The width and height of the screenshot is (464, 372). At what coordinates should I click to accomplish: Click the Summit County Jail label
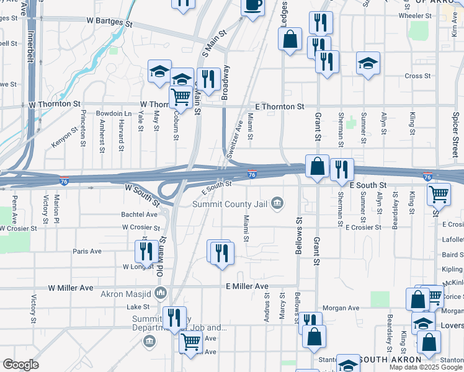coord(231,204)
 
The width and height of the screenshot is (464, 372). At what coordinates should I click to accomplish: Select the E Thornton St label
coord(275,107)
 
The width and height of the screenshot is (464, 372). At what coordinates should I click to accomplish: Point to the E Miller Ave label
coord(247,286)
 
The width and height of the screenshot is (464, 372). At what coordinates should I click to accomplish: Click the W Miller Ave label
coord(71,288)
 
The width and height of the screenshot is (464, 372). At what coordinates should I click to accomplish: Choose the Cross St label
coord(417,76)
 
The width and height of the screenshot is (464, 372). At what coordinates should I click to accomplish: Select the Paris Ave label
coord(87,251)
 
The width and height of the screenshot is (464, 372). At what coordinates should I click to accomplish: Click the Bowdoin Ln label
coord(114,114)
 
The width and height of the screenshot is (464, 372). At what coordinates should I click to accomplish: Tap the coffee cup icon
coord(252,6)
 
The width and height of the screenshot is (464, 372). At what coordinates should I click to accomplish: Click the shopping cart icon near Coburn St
coord(181,96)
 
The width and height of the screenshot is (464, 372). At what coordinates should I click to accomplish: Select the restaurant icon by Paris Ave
coord(145,251)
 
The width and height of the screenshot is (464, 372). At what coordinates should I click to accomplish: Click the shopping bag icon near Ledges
coord(290,39)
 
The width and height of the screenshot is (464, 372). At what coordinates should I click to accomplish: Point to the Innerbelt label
coord(30,43)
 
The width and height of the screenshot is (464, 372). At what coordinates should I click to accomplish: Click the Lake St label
coord(135,306)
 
